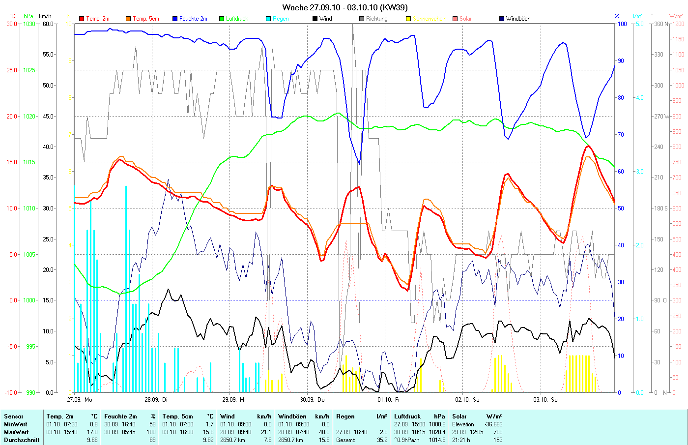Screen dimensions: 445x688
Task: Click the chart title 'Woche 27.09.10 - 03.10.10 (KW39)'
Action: (x=344, y=7)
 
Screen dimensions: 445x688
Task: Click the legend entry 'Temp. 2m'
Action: (x=97, y=19)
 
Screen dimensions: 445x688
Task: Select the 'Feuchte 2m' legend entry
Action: (x=193, y=19)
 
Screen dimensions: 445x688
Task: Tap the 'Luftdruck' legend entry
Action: (x=237, y=19)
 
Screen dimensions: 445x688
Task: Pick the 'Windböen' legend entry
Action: (x=518, y=19)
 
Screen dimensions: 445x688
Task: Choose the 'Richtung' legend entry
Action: (x=376, y=19)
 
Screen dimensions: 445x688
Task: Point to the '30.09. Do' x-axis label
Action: (x=312, y=400)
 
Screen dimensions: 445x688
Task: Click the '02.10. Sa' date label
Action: (x=467, y=400)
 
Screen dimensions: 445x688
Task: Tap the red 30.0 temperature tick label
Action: (x=12, y=24)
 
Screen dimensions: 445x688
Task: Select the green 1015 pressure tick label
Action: (x=29, y=162)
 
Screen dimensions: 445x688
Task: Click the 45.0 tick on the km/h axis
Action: (x=48, y=117)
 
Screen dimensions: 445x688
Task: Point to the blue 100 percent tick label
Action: (x=622, y=24)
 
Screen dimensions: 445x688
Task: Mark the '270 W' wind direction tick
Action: (x=660, y=117)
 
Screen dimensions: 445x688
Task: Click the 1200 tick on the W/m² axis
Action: (x=678, y=24)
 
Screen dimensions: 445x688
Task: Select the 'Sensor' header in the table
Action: (x=14, y=416)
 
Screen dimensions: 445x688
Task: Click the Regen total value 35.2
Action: (x=382, y=440)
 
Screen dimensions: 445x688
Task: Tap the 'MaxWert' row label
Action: (x=15, y=432)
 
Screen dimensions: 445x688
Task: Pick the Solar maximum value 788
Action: (x=497, y=432)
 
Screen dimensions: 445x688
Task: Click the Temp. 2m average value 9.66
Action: (x=92, y=440)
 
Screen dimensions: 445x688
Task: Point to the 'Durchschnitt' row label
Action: (x=22, y=440)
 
